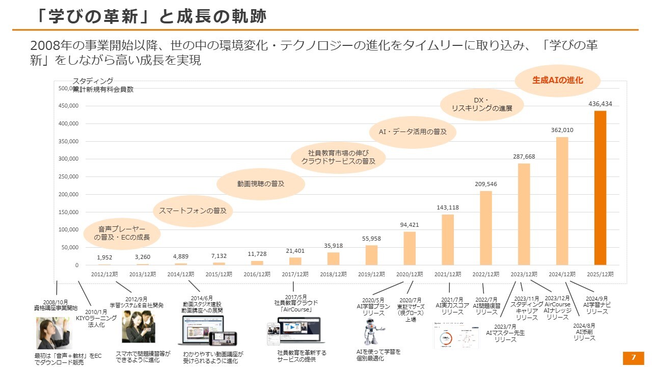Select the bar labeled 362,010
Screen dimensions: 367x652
[562, 201]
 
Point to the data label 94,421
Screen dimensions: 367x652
[410, 225]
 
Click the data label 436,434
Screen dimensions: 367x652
[600, 104]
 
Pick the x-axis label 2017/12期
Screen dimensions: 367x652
[295, 274]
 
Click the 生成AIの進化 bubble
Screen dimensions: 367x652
[557, 81]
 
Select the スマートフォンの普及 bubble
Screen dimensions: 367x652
[189, 211]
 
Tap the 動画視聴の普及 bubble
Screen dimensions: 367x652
[260, 183]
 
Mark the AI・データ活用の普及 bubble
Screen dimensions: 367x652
[413, 132]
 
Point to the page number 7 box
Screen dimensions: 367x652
[634, 358]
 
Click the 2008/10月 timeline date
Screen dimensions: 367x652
[56, 302]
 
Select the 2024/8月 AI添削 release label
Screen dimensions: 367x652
[584, 332]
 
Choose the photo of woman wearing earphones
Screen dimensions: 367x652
[53, 333]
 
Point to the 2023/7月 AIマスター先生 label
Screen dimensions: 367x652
[505, 333]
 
